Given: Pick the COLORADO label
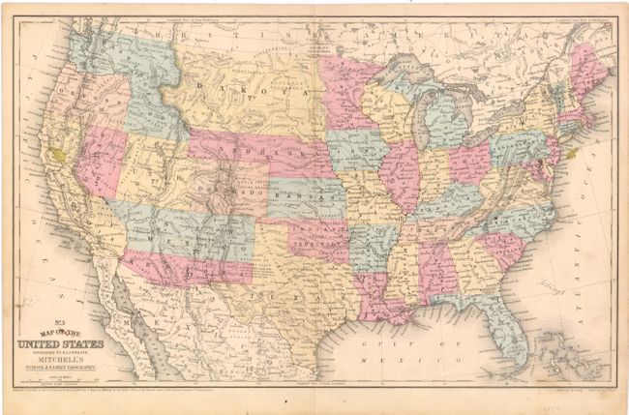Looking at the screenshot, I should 231,194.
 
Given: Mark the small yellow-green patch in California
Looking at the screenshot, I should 61,153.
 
